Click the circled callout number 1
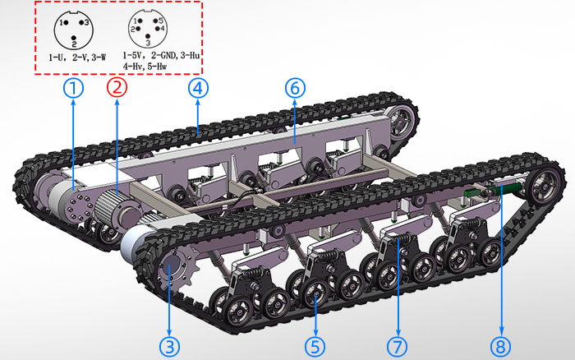click(x=73, y=88)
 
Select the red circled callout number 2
click(x=117, y=88)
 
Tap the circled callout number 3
click(x=170, y=346)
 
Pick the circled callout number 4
click(x=199, y=88)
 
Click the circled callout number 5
click(x=315, y=346)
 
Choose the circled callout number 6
click(x=295, y=88)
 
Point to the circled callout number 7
click(x=397, y=346)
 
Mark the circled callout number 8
click(x=501, y=346)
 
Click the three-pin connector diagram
click(x=74, y=30)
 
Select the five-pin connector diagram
click(x=148, y=29)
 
